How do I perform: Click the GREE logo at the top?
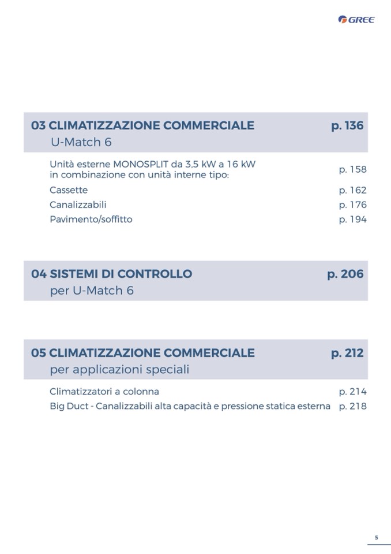(x=356, y=20)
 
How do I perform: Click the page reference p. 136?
(x=347, y=125)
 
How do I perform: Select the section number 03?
(x=38, y=125)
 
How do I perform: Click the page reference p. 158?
(x=352, y=169)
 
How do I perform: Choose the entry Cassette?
(x=69, y=190)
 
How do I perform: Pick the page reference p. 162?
(x=352, y=190)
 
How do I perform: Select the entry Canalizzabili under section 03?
(x=78, y=205)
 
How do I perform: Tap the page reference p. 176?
(x=352, y=205)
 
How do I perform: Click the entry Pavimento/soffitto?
(x=91, y=219)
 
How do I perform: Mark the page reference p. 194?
(x=352, y=219)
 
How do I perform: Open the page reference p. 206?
(x=345, y=274)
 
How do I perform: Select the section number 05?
(x=38, y=352)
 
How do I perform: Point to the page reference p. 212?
(x=347, y=352)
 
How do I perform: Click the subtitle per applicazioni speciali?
(x=119, y=369)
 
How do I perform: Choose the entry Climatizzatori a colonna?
(x=104, y=391)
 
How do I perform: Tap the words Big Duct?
(x=69, y=406)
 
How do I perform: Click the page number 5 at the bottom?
(x=377, y=537)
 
